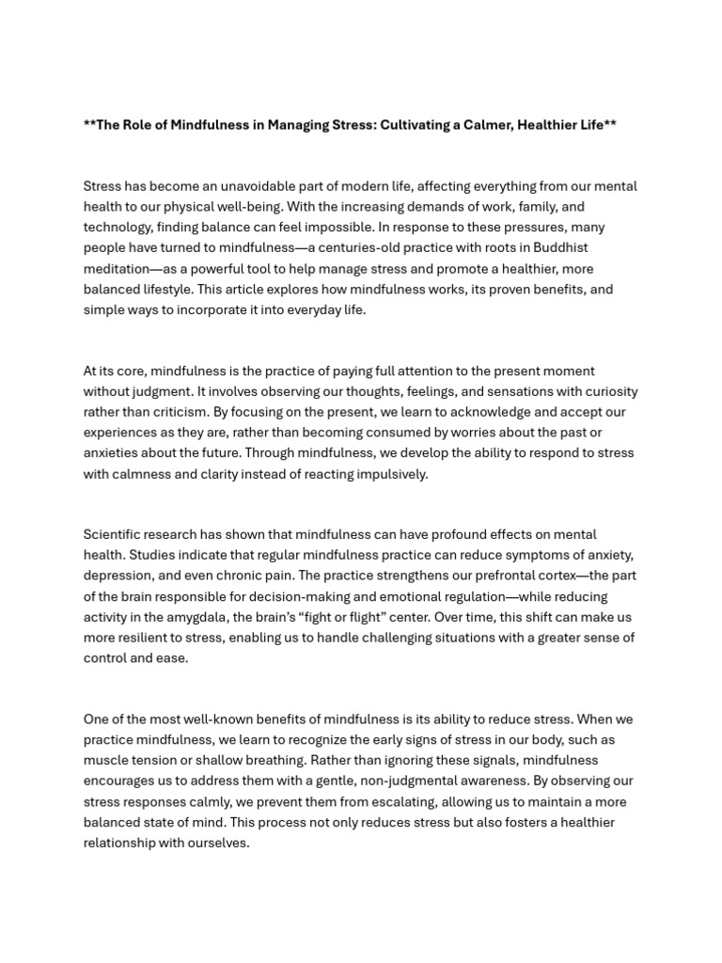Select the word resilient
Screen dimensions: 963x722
pyautogui.click(x=151, y=638)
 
